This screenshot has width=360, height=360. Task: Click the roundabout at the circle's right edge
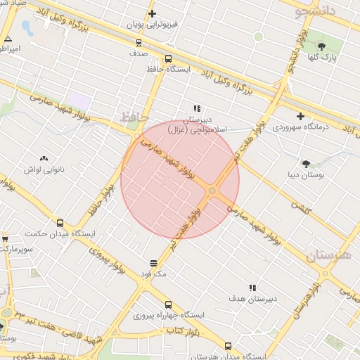(212, 191)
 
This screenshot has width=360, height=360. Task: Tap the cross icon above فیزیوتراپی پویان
(152, 13)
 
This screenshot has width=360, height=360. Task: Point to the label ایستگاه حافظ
(165, 69)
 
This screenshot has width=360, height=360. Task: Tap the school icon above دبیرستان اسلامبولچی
(197, 108)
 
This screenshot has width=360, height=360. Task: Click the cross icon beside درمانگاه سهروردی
(301, 116)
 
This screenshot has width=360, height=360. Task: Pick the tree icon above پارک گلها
(322, 46)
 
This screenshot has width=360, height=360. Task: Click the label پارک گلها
(324, 56)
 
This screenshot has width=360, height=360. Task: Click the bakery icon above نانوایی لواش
(44, 159)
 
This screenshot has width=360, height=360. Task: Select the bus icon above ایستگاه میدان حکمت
(59, 222)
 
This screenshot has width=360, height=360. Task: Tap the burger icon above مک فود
(153, 263)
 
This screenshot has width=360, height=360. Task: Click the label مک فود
(153, 274)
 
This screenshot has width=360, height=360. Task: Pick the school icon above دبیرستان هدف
(252, 288)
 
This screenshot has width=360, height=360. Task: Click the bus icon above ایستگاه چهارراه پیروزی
(167, 304)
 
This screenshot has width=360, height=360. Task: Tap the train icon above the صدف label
(138, 41)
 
